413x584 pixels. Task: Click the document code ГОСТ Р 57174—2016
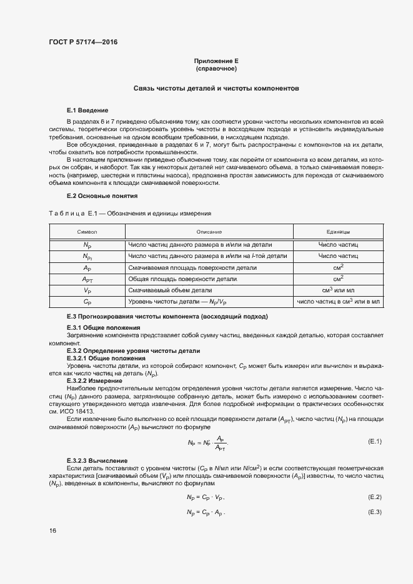[x=82, y=42]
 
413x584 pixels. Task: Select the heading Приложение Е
[x=216, y=61]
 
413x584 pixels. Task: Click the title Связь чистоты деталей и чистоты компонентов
[x=216, y=89]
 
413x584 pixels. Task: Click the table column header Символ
[x=87, y=232]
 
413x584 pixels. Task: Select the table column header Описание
[x=209, y=232]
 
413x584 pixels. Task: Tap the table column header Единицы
[x=337, y=232]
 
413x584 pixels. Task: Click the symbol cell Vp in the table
[x=87, y=290]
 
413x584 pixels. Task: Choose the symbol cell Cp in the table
[x=87, y=302]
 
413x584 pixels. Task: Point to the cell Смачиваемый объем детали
[x=170, y=290]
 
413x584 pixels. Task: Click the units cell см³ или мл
[x=337, y=290]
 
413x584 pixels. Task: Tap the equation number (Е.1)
[x=374, y=442]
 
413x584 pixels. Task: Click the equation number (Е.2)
[x=374, y=497]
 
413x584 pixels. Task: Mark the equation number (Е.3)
[x=374, y=512]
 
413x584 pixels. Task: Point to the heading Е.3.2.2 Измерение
[x=94, y=380]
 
